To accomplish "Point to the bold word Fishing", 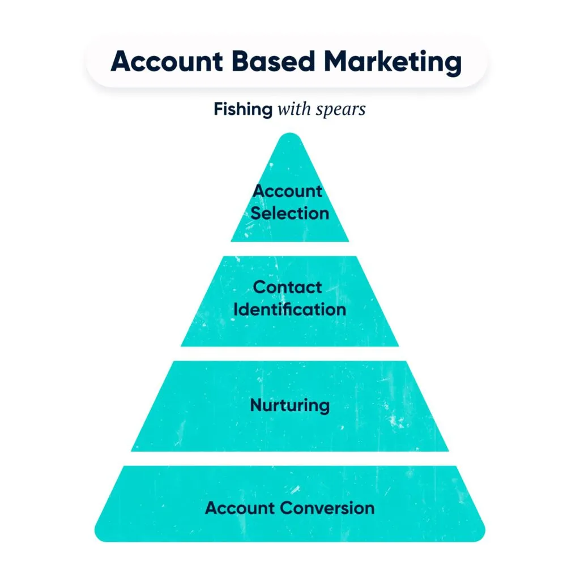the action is [x=243, y=109].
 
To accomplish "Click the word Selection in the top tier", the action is [x=289, y=213].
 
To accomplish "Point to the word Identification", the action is [x=289, y=310].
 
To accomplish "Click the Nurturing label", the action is [x=289, y=405].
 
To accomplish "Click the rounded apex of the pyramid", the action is [x=290, y=138].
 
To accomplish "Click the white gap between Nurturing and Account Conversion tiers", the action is [x=289, y=459].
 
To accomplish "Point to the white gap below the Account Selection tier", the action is [x=289, y=249].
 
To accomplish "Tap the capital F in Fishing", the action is [x=218, y=109].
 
